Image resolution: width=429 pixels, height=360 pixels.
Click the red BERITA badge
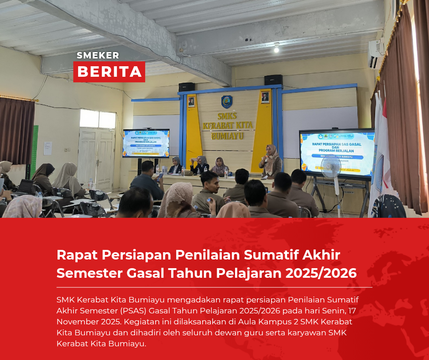[x=109, y=72]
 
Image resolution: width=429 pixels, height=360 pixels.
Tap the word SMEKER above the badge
[x=98, y=55]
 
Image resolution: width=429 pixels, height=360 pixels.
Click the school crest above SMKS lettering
[x=227, y=101]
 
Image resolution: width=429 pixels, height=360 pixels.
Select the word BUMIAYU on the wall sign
[x=227, y=136]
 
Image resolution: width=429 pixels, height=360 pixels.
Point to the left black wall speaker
[x=187, y=87]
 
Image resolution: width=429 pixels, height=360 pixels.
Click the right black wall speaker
[x=273, y=80]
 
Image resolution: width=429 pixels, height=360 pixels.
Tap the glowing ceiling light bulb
[x=276, y=48]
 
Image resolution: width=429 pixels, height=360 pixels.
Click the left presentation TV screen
[x=146, y=143]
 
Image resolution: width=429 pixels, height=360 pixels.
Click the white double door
[x=96, y=158]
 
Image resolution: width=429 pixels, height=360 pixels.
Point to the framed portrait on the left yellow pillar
[x=191, y=102]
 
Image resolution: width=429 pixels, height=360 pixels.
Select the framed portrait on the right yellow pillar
[x=265, y=97]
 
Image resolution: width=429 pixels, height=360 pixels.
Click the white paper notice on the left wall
[x=47, y=148]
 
